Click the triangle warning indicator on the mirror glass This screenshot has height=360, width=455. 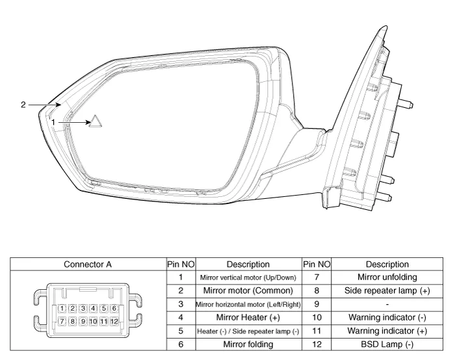(96, 122)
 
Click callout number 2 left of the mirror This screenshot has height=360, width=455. (23, 104)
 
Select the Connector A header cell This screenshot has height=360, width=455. (88, 264)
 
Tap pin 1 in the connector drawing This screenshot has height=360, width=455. (61, 308)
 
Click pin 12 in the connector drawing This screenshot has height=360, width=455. (114, 321)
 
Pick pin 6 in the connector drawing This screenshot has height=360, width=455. (114, 308)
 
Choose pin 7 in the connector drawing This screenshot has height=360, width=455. (61, 321)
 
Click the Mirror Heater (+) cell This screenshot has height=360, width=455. (248, 318)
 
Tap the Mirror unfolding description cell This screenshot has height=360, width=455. (387, 277)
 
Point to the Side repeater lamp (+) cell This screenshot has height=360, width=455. (387, 290)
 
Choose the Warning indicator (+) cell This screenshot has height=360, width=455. (387, 331)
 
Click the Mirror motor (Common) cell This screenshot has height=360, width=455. (248, 290)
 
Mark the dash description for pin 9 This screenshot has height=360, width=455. (387, 304)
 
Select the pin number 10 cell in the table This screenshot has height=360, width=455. (317, 318)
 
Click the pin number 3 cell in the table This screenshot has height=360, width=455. (180, 304)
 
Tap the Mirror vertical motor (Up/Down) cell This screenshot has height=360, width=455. (248, 277)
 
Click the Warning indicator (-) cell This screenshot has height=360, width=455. (387, 318)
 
